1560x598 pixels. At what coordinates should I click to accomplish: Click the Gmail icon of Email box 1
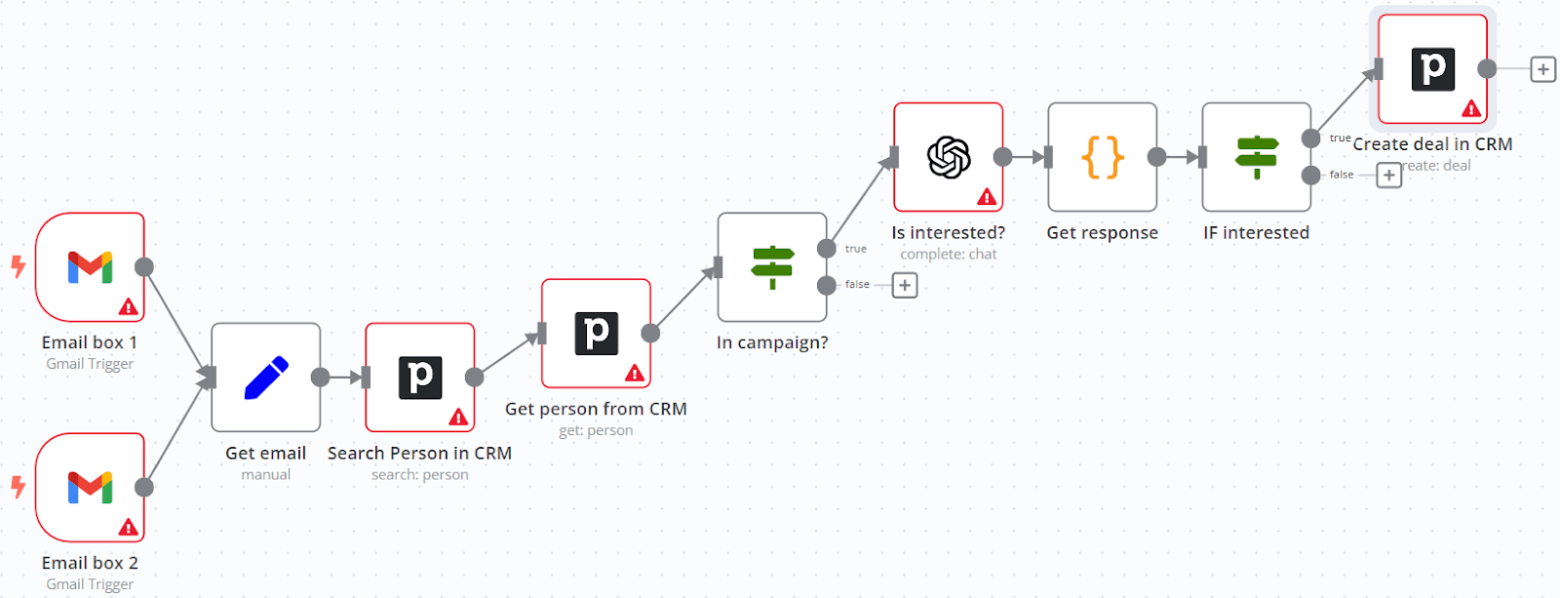(90, 266)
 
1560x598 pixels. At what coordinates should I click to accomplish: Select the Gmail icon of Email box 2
(90, 487)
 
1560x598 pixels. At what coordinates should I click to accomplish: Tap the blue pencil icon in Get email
(266, 378)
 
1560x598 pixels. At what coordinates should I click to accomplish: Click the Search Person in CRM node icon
(420, 378)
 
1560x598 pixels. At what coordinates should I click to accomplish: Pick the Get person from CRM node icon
(596, 334)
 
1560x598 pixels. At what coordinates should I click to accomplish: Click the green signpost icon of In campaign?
(772, 267)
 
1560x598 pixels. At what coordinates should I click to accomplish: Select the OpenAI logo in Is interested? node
(949, 157)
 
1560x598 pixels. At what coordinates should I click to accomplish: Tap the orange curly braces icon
(1103, 157)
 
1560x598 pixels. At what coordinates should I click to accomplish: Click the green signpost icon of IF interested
(1257, 157)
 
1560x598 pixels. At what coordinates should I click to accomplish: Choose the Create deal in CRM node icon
(1432, 69)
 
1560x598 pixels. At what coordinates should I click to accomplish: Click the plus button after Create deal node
(1542, 69)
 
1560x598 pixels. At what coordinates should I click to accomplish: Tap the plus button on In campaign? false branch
(905, 285)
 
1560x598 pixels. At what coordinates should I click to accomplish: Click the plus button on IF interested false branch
(1388, 176)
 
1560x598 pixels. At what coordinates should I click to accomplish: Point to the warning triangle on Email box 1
(128, 307)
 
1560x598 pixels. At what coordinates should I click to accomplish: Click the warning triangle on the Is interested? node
(987, 197)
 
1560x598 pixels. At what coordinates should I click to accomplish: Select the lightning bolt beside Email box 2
(18, 486)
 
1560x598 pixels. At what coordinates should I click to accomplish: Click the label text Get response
(1102, 232)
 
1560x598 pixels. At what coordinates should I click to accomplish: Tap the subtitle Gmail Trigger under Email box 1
(90, 364)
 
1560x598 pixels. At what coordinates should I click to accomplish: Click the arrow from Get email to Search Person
(343, 378)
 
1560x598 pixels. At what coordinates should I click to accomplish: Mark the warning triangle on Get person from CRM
(634, 373)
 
